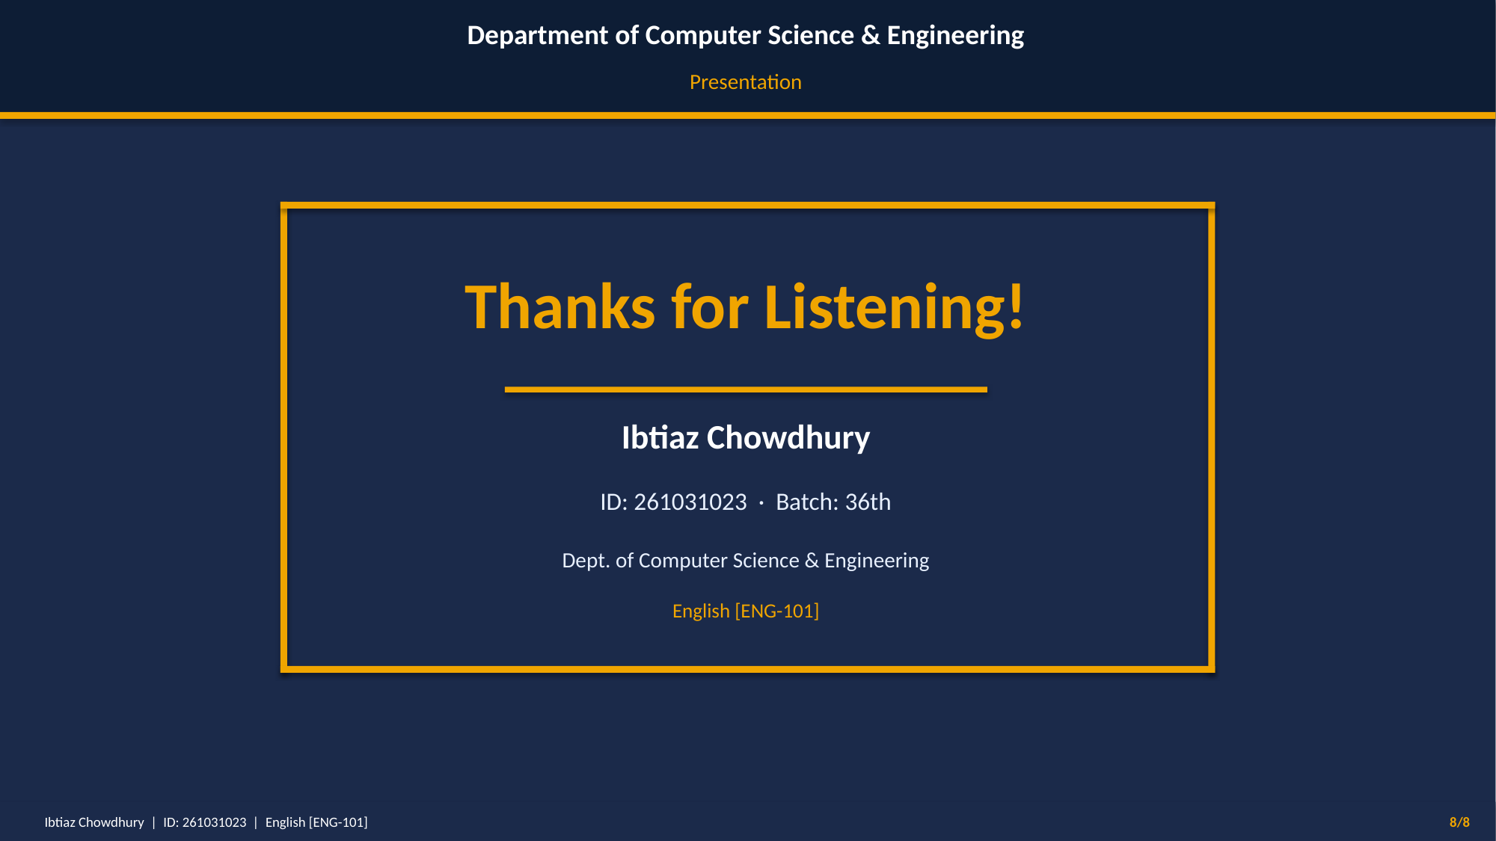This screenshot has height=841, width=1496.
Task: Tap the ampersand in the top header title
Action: [x=871, y=35]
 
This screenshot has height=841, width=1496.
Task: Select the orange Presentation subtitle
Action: [x=746, y=82]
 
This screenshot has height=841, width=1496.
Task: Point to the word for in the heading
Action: [x=710, y=307]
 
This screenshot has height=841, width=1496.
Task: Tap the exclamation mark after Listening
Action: [x=1015, y=306]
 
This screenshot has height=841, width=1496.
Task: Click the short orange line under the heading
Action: [x=746, y=389]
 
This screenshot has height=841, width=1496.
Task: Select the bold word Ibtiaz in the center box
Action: [x=660, y=438]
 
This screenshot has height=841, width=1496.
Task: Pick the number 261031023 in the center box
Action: [x=690, y=502]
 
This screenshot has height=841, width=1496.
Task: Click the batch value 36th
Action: [x=868, y=502]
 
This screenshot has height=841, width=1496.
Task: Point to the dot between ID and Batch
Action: [x=761, y=504]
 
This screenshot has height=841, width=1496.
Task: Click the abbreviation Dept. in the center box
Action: [x=586, y=561]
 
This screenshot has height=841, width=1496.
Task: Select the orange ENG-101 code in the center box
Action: [x=777, y=612]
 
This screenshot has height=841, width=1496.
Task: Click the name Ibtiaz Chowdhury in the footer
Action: [x=94, y=822]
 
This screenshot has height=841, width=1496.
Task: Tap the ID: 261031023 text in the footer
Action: [x=205, y=822]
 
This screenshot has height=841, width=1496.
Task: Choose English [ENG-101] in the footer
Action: [x=316, y=822]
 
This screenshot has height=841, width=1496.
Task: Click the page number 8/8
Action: [x=1459, y=822]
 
